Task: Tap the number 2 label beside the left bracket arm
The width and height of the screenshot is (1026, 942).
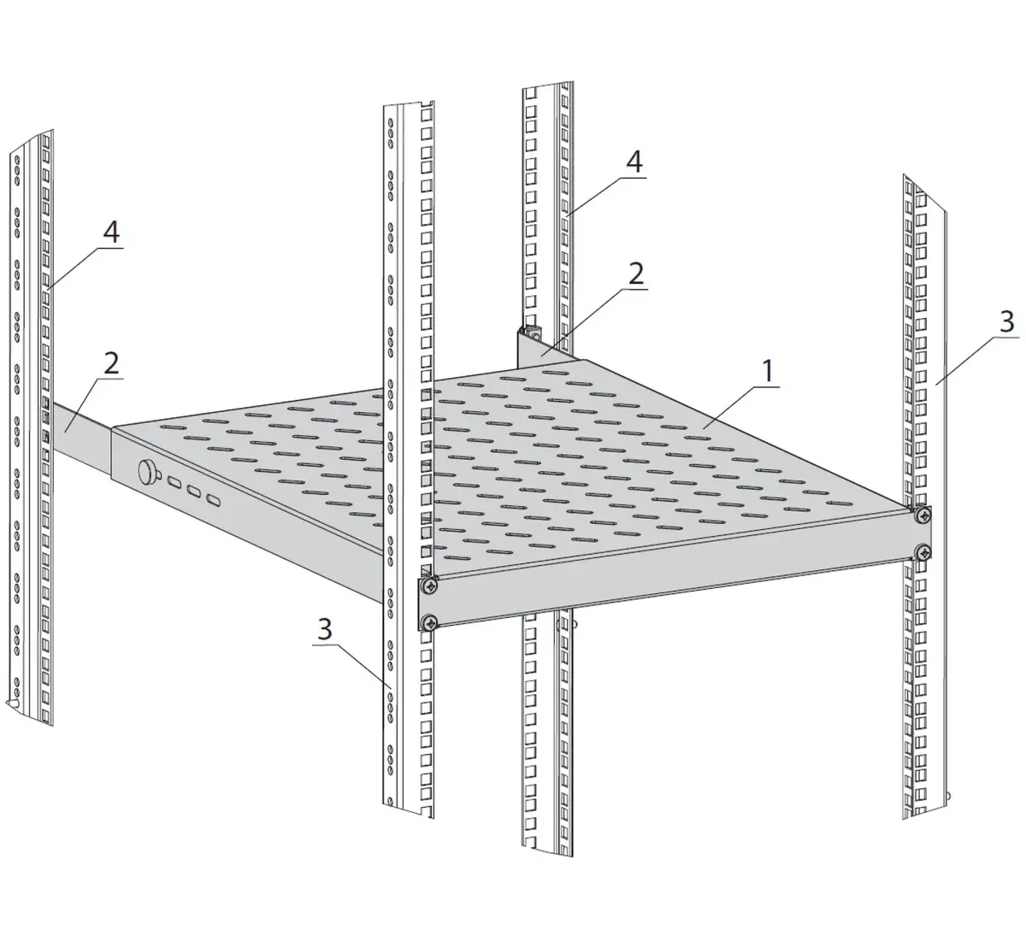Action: pyautogui.click(x=111, y=362)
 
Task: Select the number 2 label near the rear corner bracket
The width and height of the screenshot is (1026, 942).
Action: pyautogui.click(x=636, y=274)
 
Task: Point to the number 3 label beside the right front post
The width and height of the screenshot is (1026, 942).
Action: pyautogui.click(x=1006, y=323)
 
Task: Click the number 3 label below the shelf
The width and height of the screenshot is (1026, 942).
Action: pyautogui.click(x=325, y=629)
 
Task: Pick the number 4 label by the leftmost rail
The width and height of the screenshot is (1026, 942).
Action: pyautogui.click(x=111, y=233)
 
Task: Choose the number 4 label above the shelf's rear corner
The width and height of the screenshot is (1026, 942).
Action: pyautogui.click(x=634, y=162)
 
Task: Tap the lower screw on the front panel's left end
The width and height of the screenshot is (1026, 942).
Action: pyautogui.click(x=429, y=622)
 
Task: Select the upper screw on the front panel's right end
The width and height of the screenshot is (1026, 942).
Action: pyautogui.click(x=923, y=514)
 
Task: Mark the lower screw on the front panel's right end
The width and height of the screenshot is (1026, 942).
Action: pyautogui.click(x=923, y=552)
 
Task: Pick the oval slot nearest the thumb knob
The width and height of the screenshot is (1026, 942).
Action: pyautogui.click(x=175, y=482)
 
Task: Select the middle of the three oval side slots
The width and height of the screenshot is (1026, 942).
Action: pyautogui.click(x=194, y=491)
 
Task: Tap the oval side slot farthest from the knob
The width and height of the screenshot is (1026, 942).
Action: pyautogui.click(x=213, y=500)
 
